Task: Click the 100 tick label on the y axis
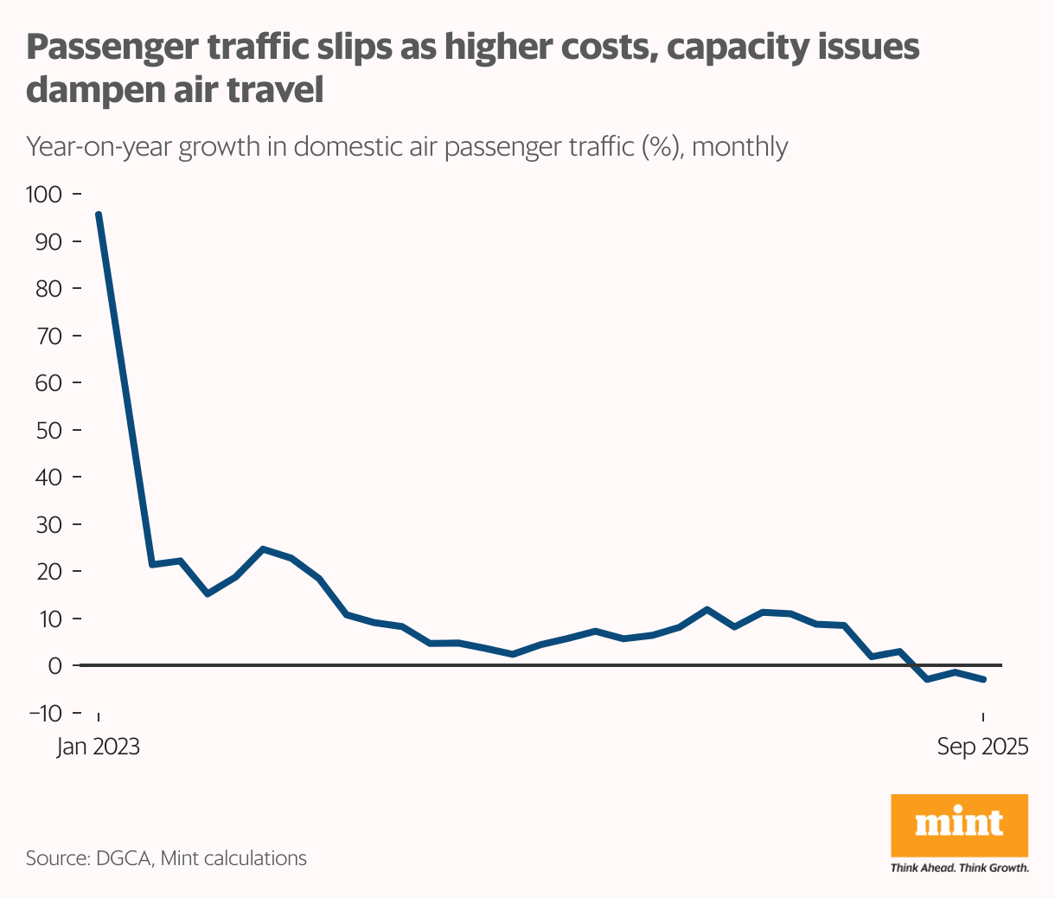click(44, 194)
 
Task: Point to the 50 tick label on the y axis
click(48, 430)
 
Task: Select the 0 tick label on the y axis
click(55, 666)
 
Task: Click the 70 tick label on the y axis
click(48, 336)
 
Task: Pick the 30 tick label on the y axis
click(48, 524)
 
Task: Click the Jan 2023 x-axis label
click(98, 747)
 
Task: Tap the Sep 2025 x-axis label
click(983, 747)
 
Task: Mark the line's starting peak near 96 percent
click(99, 215)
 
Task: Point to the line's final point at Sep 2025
click(983, 679)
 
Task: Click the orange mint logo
click(959, 824)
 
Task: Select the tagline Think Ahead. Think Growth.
click(959, 867)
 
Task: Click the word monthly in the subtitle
click(740, 147)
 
